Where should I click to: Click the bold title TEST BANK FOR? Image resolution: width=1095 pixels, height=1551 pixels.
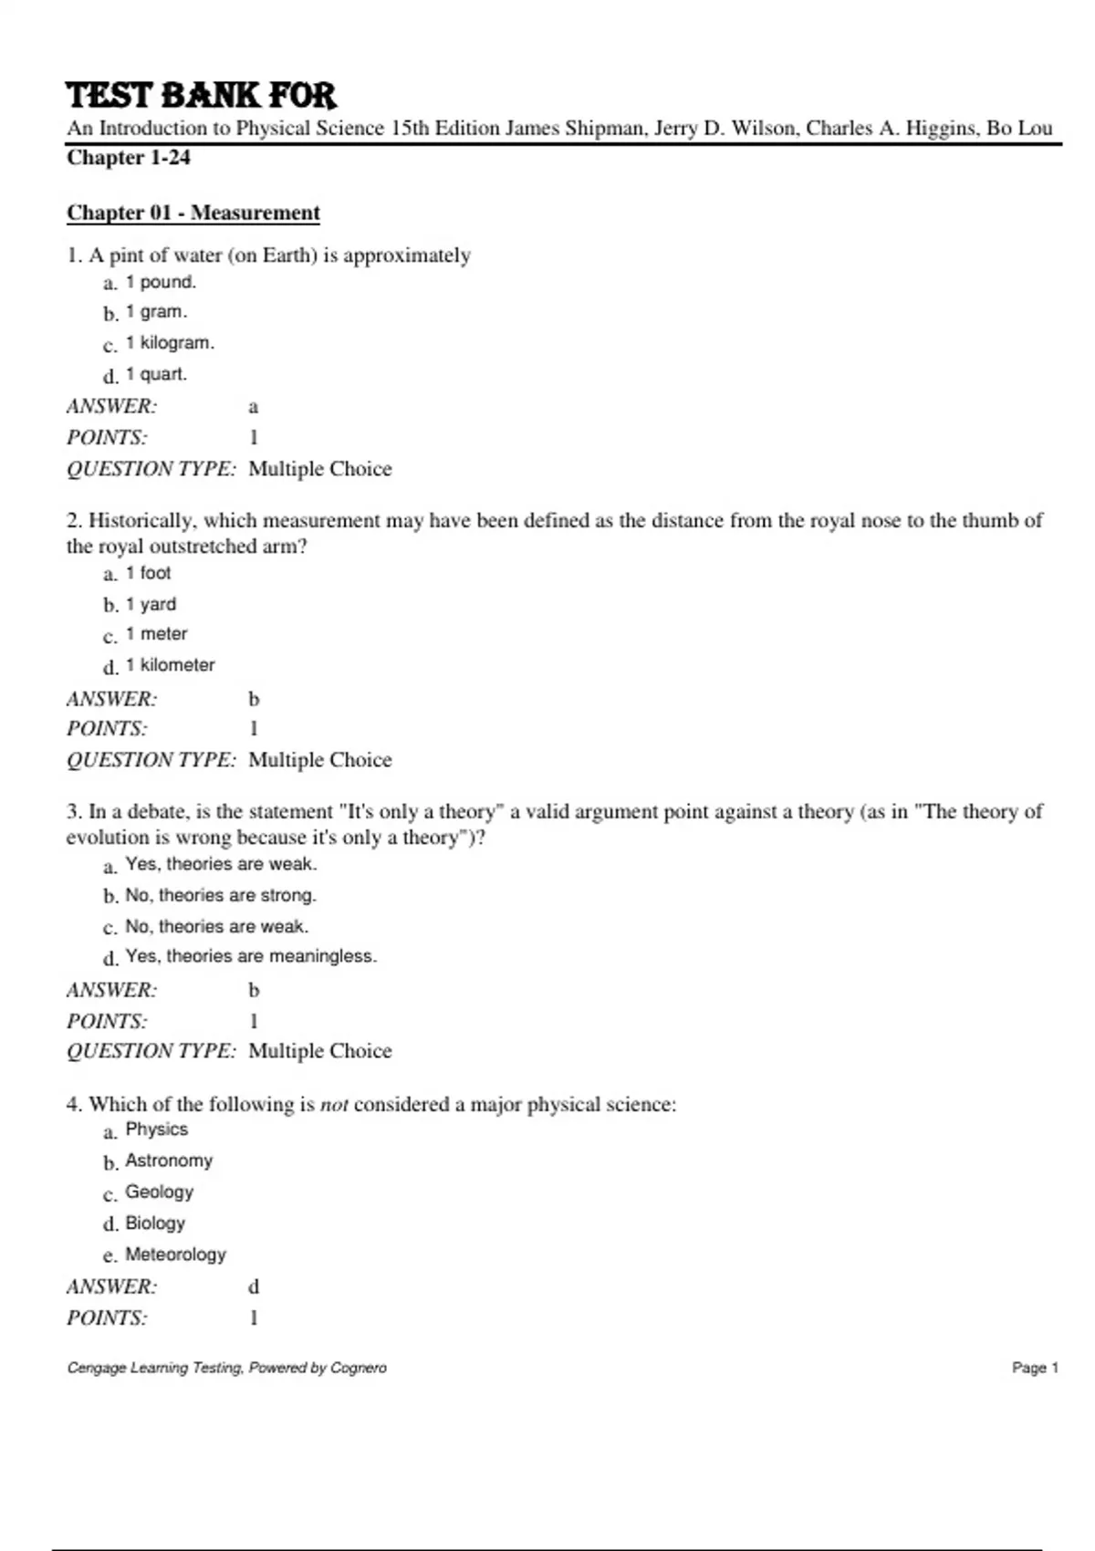point(201,95)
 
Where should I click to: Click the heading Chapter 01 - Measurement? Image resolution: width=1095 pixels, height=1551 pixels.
point(193,213)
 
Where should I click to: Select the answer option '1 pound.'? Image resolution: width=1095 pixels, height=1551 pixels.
point(161,282)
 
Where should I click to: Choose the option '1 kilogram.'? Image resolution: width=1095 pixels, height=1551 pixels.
point(170,343)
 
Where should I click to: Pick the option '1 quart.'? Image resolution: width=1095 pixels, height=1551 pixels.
point(156,374)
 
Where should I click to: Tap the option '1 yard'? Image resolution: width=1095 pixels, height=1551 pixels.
point(151,604)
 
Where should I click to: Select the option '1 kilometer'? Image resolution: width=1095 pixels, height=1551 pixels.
point(170,665)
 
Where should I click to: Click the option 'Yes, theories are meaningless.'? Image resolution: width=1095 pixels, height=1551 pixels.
point(251,956)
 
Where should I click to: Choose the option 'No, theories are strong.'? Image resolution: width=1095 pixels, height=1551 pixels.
point(221,895)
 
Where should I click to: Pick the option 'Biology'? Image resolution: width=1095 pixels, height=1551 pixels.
point(155,1223)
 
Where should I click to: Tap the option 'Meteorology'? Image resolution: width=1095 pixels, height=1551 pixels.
point(175,1254)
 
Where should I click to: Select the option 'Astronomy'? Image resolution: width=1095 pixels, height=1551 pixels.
point(169,1161)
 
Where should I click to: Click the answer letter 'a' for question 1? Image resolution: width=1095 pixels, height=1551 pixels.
point(254,407)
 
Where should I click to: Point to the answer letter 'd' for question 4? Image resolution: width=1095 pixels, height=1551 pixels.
point(254,1286)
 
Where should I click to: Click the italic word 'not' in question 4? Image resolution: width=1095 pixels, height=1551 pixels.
point(334,1105)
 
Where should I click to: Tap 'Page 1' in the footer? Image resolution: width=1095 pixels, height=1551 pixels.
point(1035,1368)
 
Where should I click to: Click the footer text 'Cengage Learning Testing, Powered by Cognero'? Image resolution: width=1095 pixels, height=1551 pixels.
point(226,1368)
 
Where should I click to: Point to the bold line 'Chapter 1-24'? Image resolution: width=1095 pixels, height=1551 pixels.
point(129,157)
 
